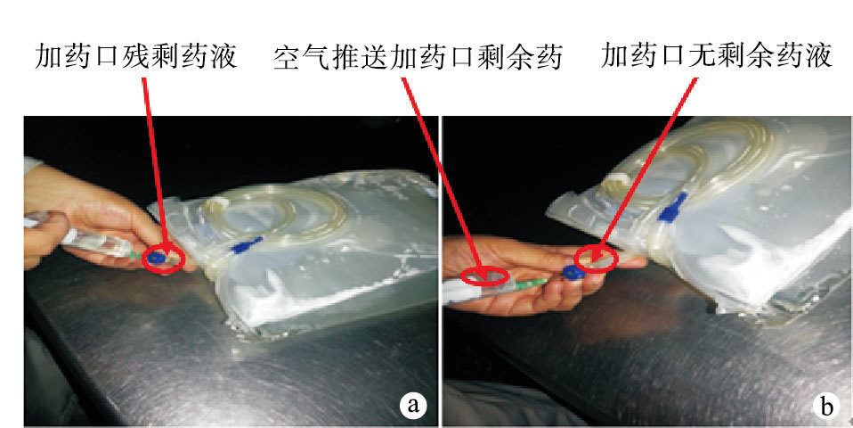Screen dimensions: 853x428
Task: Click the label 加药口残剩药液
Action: tap(136, 56)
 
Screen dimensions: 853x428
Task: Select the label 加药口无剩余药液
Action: tap(717, 55)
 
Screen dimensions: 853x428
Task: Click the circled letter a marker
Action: tap(413, 405)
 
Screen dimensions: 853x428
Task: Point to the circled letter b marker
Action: tap(826, 407)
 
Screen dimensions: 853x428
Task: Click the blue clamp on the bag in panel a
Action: tap(247, 245)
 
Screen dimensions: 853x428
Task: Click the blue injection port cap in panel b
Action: tap(572, 272)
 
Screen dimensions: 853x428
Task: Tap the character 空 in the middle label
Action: tap(287, 58)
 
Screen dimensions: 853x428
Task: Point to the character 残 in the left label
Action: tap(136, 56)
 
